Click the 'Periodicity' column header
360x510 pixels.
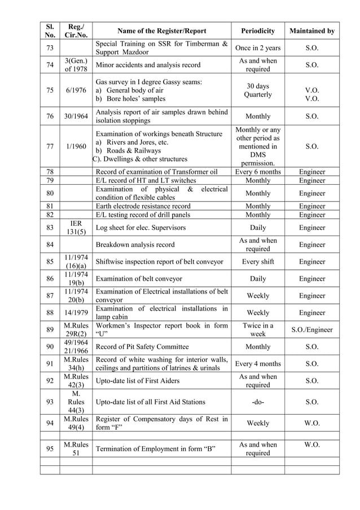click(x=258, y=31)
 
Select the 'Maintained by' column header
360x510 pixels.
click(x=311, y=31)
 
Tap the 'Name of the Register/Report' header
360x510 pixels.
click(x=161, y=31)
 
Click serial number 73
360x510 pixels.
click(x=50, y=48)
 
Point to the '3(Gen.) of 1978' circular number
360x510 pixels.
click(x=76, y=65)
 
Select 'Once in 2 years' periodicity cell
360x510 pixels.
click(x=258, y=48)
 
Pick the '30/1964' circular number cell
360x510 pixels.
click(x=76, y=116)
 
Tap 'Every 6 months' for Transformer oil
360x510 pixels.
click(x=258, y=172)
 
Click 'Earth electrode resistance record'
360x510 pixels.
click(x=143, y=207)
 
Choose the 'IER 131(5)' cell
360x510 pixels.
click(x=76, y=228)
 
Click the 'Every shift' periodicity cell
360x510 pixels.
click(x=258, y=261)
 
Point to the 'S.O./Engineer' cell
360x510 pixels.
click(x=311, y=330)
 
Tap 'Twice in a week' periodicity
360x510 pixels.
click(x=258, y=330)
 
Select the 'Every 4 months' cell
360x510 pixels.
click(x=258, y=364)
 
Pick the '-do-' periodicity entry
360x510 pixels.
click(x=258, y=402)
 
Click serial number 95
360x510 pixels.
click(x=50, y=449)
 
